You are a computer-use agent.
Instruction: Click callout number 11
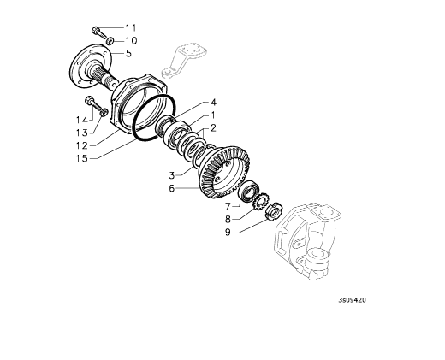tap(131, 28)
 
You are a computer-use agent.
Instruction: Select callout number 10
tap(131, 41)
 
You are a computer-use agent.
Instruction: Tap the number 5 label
tap(128, 53)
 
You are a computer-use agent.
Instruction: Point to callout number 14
tap(82, 120)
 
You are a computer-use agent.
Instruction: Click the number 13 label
tap(82, 133)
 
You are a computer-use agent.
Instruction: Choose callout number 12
tap(82, 145)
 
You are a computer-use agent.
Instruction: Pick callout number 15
tap(82, 158)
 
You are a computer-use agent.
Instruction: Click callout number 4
tap(213, 103)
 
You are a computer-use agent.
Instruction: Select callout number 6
tap(171, 188)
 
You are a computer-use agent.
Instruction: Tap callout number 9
tap(228, 233)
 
